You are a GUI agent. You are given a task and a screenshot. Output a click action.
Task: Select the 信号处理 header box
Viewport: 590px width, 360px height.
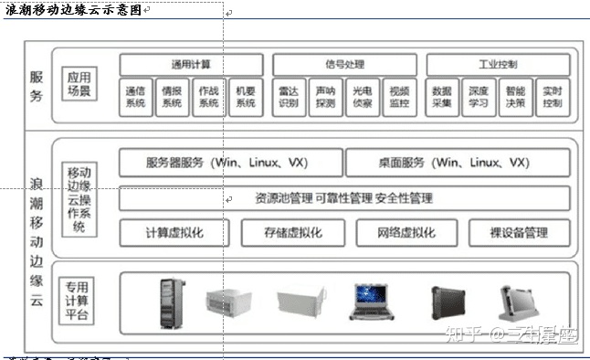point(343,65)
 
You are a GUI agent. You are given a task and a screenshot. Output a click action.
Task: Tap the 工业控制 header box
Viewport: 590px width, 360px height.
point(497,65)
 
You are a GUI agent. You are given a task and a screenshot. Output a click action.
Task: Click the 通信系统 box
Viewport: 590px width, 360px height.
point(135,97)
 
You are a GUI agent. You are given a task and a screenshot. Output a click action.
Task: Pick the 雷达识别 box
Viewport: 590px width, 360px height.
point(289,97)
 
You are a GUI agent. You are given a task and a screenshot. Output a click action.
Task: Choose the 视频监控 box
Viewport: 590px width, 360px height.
point(398,97)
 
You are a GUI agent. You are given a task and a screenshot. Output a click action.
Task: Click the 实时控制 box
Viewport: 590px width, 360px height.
point(553,97)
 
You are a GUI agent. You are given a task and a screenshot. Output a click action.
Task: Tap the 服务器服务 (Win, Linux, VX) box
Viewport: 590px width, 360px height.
point(231,163)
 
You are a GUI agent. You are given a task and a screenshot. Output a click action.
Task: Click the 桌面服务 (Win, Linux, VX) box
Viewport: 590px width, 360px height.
point(458,163)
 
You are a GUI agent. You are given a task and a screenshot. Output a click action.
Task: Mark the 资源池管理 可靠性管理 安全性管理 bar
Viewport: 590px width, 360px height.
point(343,197)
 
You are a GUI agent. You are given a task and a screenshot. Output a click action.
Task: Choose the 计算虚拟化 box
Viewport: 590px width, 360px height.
point(174,232)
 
